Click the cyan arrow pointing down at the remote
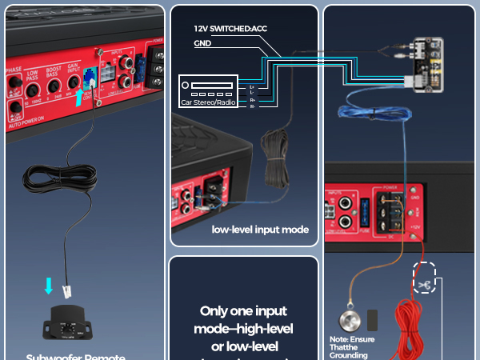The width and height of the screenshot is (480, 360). coord(50,286)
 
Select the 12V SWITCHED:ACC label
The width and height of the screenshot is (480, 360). coord(230,28)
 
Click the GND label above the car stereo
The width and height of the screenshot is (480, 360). coord(203,45)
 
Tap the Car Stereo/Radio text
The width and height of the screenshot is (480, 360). coord(207,102)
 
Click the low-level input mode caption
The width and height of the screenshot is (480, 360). coord(260,230)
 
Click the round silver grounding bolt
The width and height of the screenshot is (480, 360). coord(349,319)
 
